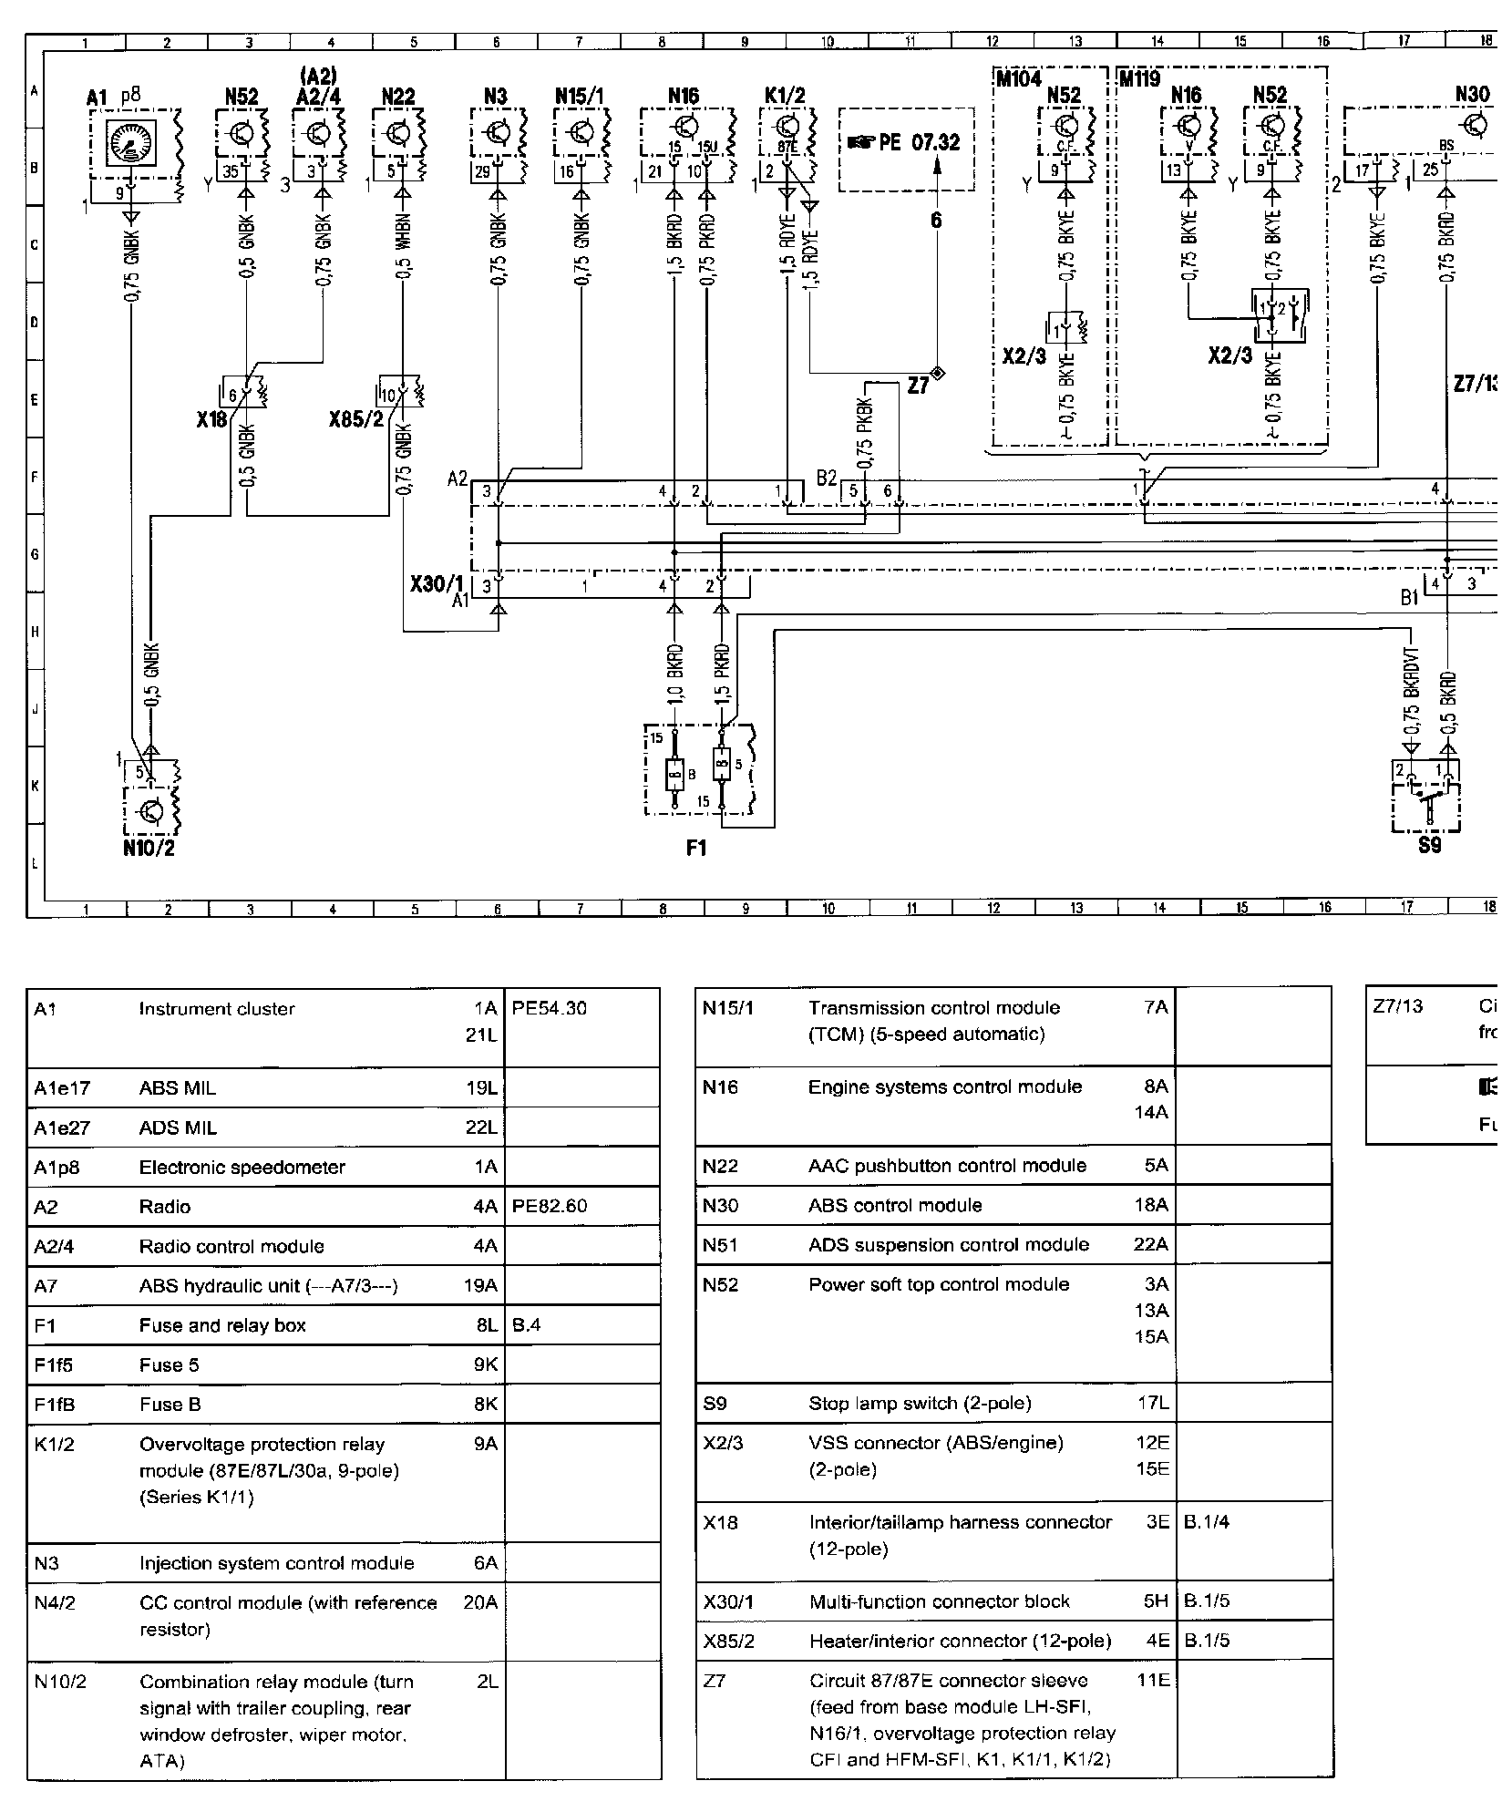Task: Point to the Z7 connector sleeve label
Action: (917, 386)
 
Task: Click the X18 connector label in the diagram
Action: (211, 421)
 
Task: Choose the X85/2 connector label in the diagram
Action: (356, 421)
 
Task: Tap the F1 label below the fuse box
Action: (696, 849)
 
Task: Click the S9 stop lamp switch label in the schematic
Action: (1429, 846)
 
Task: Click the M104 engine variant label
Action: (1019, 79)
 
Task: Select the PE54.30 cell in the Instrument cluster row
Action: (550, 1009)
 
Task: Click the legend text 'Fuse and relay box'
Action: (222, 1325)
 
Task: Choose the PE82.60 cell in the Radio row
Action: (550, 1207)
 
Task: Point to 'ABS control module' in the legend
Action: (895, 1206)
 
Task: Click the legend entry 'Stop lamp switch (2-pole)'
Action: (921, 1404)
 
